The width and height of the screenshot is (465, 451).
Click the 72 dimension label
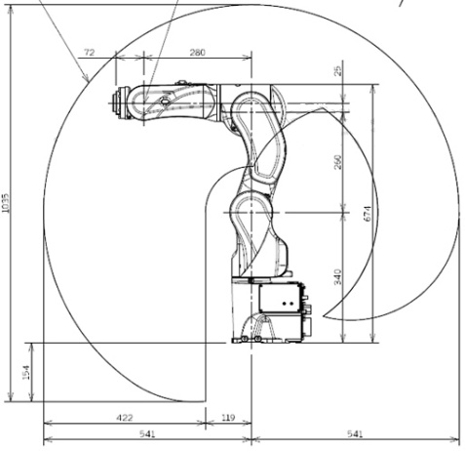90,52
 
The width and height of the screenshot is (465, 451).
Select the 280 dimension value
198,52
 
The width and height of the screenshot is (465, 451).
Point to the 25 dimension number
338,70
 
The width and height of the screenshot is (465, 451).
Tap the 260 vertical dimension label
338,162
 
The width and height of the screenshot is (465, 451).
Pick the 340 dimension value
338,277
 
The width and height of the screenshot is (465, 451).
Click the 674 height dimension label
367,214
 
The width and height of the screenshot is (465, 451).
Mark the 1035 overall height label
6,204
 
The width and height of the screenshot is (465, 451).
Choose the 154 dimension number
25,372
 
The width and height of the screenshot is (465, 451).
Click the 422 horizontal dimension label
125,418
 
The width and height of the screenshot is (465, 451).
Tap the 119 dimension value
228,418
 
